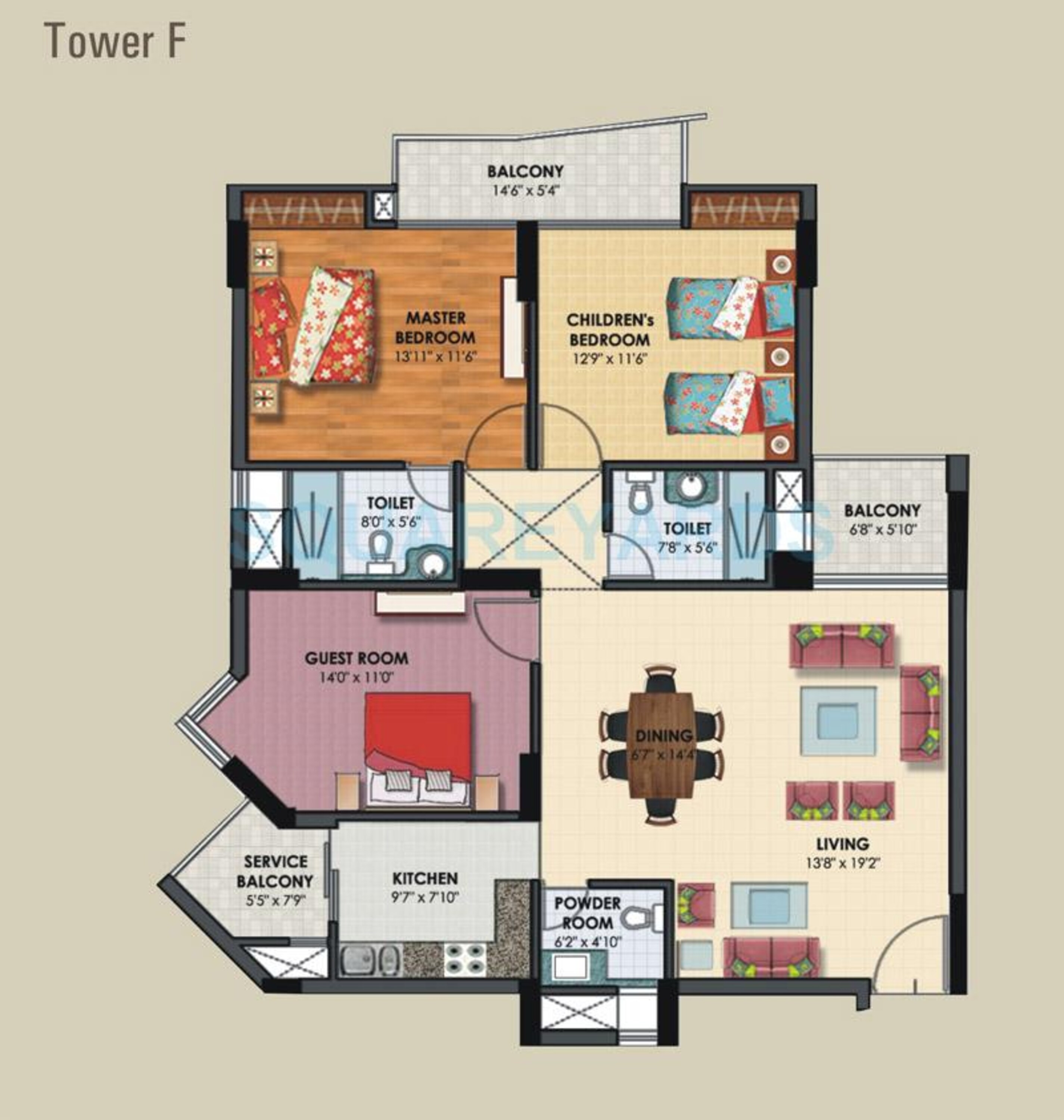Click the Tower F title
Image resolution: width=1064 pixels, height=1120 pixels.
click(115, 40)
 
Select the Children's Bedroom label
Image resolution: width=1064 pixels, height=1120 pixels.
click(610, 330)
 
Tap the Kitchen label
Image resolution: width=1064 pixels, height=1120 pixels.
click(425, 878)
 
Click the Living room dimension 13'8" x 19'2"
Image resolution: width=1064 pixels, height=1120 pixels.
click(842, 863)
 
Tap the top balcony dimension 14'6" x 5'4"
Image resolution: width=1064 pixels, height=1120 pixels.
click(526, 190)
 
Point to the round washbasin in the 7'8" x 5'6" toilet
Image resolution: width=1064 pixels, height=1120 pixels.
click(690, 485)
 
